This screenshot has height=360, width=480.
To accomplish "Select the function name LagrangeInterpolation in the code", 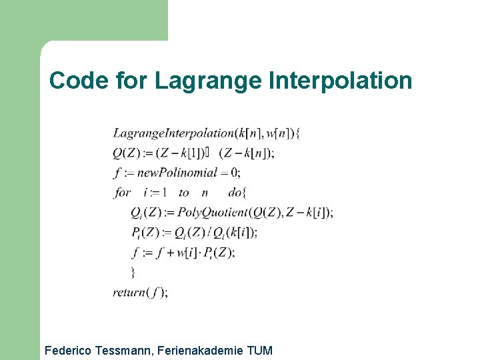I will click(x=174, y=133).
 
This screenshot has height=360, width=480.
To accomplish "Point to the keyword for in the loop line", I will click(x=122, y=192).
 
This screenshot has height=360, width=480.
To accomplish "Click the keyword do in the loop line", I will click(x=235, y=192).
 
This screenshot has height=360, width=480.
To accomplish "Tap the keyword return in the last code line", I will click(x=129, y=292).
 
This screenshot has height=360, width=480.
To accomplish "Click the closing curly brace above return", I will click(x=133, y=272).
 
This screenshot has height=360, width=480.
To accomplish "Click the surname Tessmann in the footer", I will click(x=129, y=351).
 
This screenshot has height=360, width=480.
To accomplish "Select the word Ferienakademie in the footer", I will click(x=205, y=351).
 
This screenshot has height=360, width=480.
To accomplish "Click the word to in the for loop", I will click(x=184, y=192).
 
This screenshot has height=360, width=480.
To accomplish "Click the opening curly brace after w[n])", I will click(x=297, y=133).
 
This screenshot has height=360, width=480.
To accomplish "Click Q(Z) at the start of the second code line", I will click(x=125, y=153).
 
